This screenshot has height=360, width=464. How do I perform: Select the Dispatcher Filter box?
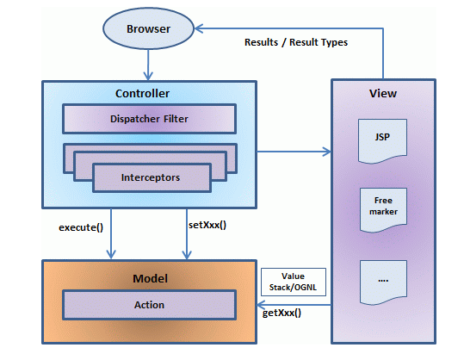pos(150,120)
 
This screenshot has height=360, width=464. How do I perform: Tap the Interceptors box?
pos(150,177)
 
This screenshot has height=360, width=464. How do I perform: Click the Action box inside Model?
pos(150,304)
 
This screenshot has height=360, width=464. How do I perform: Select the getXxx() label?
pos(281,313)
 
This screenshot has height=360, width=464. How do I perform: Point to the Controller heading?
pos(142,92)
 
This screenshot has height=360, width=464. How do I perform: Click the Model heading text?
pos(150,278)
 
